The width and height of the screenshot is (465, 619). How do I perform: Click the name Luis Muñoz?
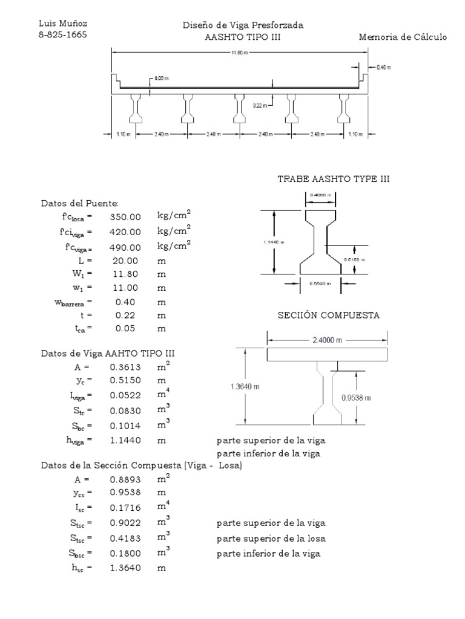coord(63,24)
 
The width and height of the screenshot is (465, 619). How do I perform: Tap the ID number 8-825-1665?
coord(63,34)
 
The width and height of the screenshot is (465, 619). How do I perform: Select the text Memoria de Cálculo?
coord(403,37)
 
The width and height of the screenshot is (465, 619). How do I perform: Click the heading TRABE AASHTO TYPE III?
coord(334,180)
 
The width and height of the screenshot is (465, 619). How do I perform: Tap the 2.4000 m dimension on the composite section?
coord(327,340)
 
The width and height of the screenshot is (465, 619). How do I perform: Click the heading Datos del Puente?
coord(79,203)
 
